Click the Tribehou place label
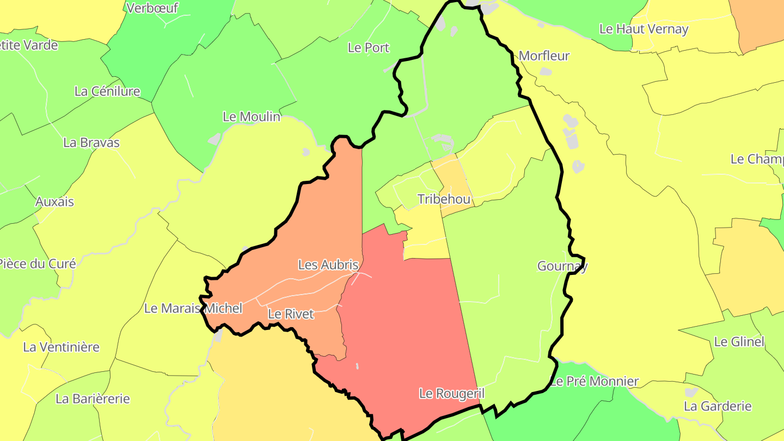tap(444, 199)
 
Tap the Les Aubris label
tap(328, 265)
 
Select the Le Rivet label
tap(291, 314)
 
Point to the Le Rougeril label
tap(451, 393)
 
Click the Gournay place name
tap(562, 266)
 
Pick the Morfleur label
tap(544, 56)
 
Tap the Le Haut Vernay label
tap(644, 29)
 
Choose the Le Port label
tap(369, 47)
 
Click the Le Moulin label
tap(252, 117)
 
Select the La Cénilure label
tap(107, 91)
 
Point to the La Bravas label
tap(91, 142)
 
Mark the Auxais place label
tap(54, 201)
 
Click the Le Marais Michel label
tap(193, 308)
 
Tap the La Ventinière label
tap(62, 347)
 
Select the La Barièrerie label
tap(93, 399)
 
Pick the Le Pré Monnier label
tap(593, 381)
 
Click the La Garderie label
tap(718, 406)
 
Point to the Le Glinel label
tap(739, 341)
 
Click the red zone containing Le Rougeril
tap(403, 327)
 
